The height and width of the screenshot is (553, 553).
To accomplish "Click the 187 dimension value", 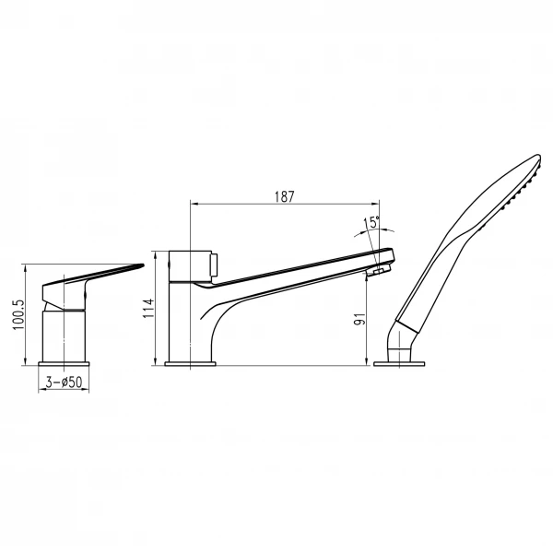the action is click(x=284, y=197).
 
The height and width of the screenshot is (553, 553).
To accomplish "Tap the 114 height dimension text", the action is click(x=148, y=308).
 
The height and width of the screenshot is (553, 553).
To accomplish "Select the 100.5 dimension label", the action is click(x=18, y=315).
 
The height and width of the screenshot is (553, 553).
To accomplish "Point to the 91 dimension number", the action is click(x=360, y=319).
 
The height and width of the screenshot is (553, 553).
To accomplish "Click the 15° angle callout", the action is click(x=372, y=222).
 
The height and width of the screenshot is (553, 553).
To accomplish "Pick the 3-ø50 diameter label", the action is click(x=64, y=382).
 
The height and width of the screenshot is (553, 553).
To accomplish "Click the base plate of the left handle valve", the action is click(x=64, y=364).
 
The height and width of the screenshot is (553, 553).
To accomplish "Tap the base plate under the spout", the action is click(x=190, y=364).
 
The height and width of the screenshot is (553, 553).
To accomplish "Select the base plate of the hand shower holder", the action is click(x=399, y=364).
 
